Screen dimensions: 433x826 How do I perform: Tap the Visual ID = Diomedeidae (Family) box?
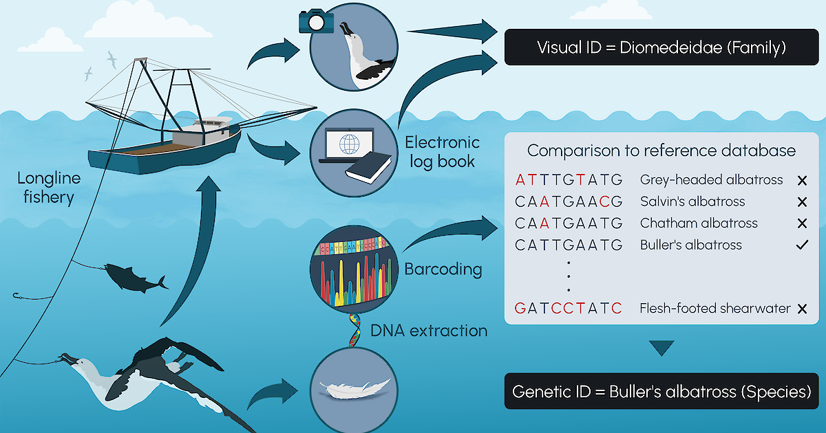[x=661, y=47]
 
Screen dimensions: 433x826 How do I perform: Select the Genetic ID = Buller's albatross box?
[x=661, y=392]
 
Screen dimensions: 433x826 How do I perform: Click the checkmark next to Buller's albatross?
[x=801, y=245]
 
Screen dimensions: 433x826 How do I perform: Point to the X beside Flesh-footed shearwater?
[x=801, y=309]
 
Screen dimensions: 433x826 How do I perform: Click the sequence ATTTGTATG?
[x=569, y=180]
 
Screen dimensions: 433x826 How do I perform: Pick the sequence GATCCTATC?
[x=569, y=309]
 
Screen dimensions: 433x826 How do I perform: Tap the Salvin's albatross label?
[x=692, y=202]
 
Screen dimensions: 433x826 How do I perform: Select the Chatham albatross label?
[x=699, y=223]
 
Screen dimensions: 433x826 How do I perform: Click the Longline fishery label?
[x=49, y=187]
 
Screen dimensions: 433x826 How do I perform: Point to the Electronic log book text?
[x=441, y=152]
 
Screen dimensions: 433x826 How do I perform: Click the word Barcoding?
[x=443, y=269]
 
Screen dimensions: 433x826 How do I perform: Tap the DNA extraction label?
[x=428, y=331]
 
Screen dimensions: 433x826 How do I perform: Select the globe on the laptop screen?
[x=349, y=146]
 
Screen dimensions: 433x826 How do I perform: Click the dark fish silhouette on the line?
[x=136, y=276]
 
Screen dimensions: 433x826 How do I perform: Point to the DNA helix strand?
[x=354, y=330]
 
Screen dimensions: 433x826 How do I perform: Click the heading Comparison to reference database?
[x=661, y=151]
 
